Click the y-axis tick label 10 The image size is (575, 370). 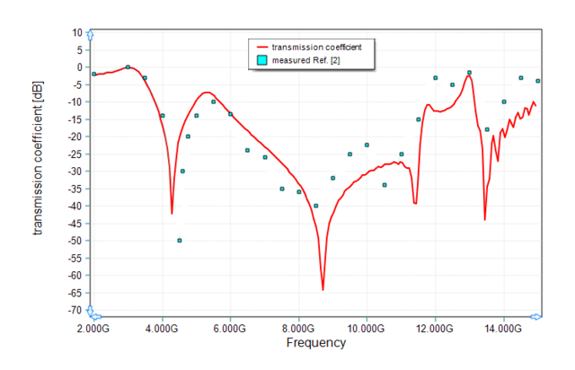76,32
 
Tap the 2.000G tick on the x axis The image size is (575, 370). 94,329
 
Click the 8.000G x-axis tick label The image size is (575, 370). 298,329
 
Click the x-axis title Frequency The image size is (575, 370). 315,343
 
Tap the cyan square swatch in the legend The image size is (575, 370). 261,59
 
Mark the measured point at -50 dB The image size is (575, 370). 180,241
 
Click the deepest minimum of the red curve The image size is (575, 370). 323,289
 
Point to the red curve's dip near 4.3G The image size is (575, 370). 172,213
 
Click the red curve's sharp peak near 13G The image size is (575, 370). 469,76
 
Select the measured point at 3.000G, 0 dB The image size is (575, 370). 128,67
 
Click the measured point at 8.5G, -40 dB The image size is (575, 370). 316,206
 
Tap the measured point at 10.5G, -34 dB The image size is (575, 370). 385,185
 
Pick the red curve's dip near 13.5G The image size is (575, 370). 485,219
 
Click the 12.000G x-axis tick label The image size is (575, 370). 435,329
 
